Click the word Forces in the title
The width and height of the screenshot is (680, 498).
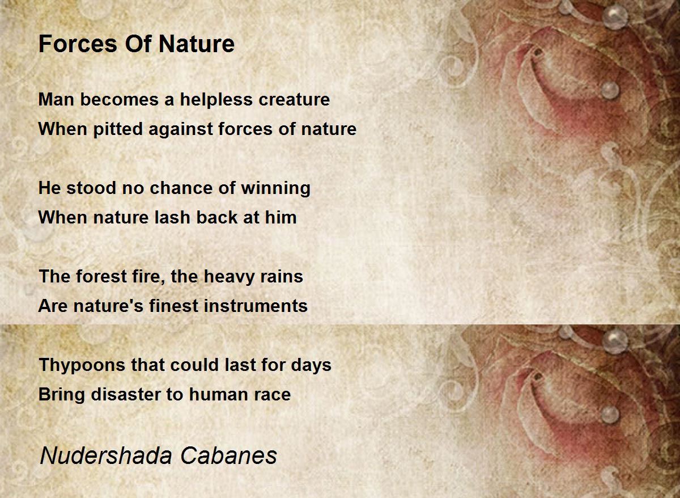[x=78, y=44]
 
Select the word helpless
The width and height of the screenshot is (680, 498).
[x=216, y=99]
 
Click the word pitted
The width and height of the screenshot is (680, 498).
[x=118, y=129]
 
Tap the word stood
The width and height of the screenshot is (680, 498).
[x=91, y=188]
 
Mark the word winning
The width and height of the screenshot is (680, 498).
[x=275, y=188]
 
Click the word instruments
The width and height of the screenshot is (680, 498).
[x=256, y=306]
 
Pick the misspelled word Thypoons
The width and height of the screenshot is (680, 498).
[x=82, y=365]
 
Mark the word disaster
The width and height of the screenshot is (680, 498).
[x=125, y=394]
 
